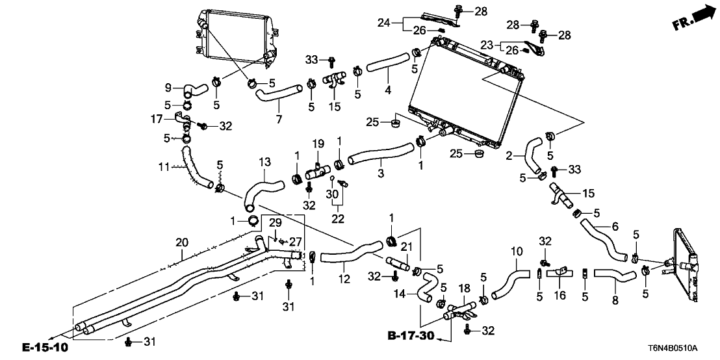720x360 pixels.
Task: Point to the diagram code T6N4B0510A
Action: (x=682, y=348)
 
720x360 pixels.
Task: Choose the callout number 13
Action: (x=264, y=161)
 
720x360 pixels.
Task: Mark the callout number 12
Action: (x=344, y=279)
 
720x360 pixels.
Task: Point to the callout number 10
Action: (x=517, y=251)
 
